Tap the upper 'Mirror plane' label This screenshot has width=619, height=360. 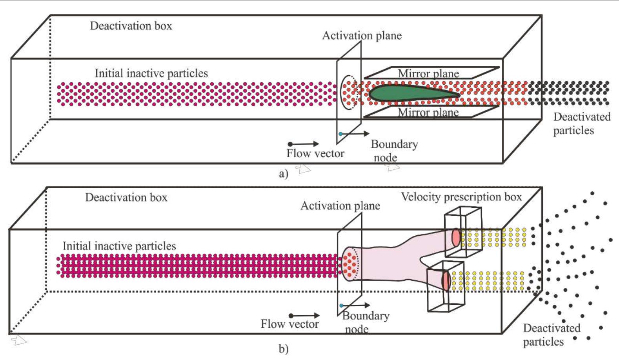(x=428, y=73)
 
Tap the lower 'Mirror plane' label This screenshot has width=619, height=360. (x=428, y=113)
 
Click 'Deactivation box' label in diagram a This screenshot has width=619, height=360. (x=131, y=26)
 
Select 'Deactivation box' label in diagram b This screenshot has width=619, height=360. (x=126, y=197)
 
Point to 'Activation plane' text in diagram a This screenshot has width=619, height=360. (x=362, y=36)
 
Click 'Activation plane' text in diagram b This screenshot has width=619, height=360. (x=340, y=206)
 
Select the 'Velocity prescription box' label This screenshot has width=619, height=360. (x=461, y=197)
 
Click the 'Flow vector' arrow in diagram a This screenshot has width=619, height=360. (x=304, y=144)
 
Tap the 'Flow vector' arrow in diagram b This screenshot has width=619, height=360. (x=304, y=315)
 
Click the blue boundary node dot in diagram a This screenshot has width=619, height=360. (x=340, y=134)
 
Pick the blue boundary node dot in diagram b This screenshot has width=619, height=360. (x=341, y=305)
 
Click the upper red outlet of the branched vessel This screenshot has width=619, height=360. (x=455, y=237)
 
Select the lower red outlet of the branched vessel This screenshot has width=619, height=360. (x=446, y=280)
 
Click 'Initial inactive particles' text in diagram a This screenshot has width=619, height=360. (x=151, y=73)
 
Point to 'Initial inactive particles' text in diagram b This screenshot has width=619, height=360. (x=119, y=246)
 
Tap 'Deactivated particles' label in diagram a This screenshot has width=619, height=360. (x=581, y=123)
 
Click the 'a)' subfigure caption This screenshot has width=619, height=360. (x=283, y=173)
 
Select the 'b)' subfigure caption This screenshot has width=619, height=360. (x=283, y=349)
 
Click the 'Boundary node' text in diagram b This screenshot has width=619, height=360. (x=365, y=322)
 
